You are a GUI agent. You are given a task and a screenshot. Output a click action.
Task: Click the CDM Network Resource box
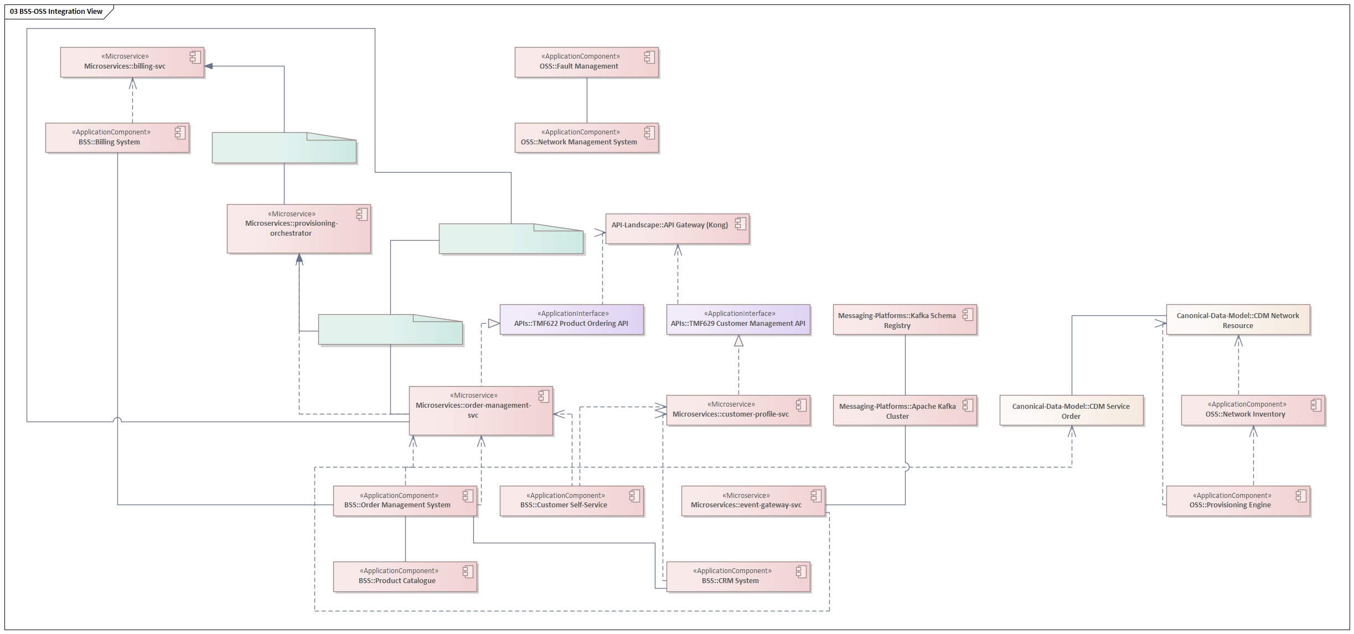coord(1238,320)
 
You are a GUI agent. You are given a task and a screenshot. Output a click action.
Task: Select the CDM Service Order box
coord(1071,410)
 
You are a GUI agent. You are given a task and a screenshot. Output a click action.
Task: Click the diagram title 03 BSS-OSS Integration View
coord(56,12)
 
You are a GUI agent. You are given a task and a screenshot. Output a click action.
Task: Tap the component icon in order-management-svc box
coord(544,396)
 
